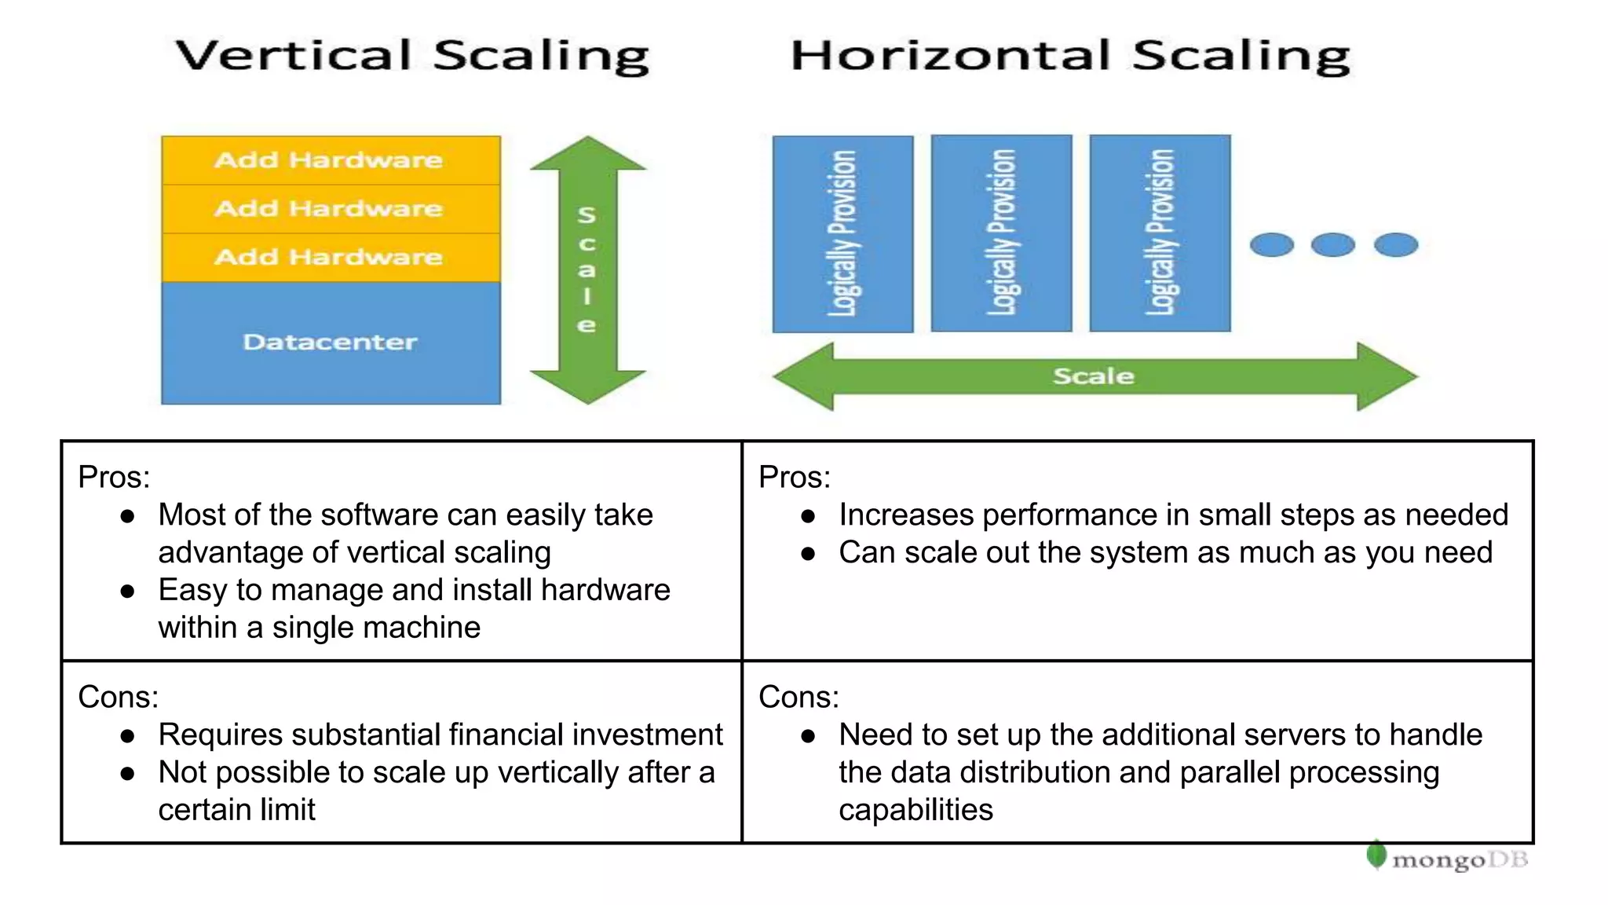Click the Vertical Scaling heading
coord(412,57)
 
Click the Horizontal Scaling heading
coord(1070,57)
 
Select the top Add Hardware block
coord(331,160)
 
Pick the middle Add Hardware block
coord(331,209)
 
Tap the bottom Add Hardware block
coord(331,258)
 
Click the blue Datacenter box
coord(331,343)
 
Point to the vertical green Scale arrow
coord(587,269)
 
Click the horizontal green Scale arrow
coord(1095,376)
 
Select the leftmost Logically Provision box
coord(842,233)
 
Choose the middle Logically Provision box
coord(1001,233)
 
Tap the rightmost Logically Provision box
coord(1160,233)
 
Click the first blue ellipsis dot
coord(1271,245)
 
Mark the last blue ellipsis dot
coord(1395,245)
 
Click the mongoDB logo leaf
coord(1376,855)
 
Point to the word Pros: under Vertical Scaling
coord(114,477)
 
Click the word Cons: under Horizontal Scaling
coord(799,697)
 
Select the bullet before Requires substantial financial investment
coord(128,736)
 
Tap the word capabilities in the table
coord(915,810)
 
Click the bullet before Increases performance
coord(809,516)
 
